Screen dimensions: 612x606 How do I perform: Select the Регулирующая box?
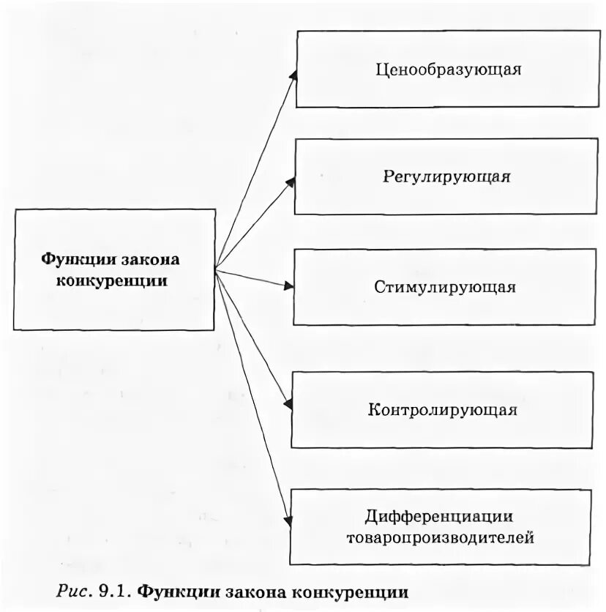coord(446,176)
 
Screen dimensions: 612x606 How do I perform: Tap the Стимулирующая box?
coord(445,287)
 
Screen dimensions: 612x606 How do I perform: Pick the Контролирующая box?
coord(442,409)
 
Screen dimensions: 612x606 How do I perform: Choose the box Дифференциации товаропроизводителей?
coord(441,527)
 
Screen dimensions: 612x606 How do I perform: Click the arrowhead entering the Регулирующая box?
coord(291,182)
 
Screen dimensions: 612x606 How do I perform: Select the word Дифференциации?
coord(439,517)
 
